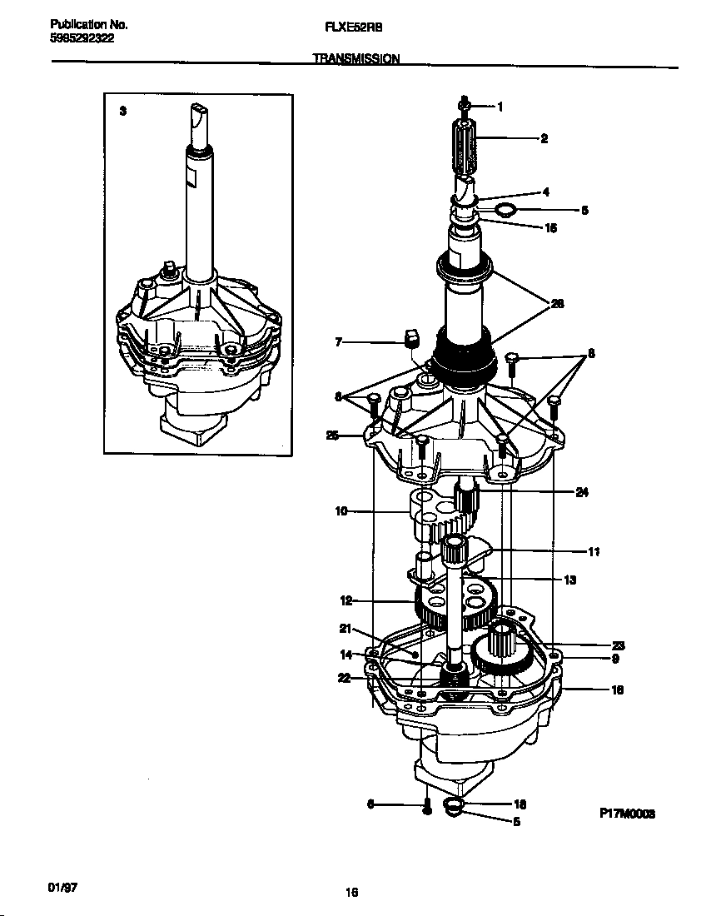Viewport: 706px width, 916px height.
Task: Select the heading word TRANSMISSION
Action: click(x=355, y=59)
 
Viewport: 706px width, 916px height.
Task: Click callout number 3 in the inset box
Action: click(x=122, y=111)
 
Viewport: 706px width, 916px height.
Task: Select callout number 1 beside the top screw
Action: click(x=500, y=106)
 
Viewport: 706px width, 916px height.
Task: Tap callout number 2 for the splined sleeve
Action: click(x=544, y=138)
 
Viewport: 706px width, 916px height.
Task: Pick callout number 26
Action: click(x=557, y=304)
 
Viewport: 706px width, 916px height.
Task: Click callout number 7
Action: click(x=339, y=341)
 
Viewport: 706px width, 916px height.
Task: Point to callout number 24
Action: click(x=581, y=492)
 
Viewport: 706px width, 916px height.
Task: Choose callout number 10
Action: click(x=341, y=511)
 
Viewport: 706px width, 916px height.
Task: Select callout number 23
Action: click(x=618, y=645)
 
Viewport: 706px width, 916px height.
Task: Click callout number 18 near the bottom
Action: click(x=520, y=804)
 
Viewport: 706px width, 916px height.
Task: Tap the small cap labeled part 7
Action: click(x=410, y=337)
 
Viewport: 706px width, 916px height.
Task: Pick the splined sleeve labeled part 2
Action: click(x=465, y=146)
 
